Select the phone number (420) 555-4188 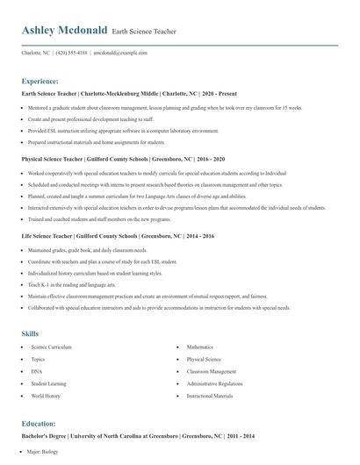pos(71,53)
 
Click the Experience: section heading pos(46,81)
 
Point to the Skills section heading pos(31,333)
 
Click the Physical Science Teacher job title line pos(124,161)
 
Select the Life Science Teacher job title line pos(118,236)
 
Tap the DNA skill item pos(37,371)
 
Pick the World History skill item pos(45,396)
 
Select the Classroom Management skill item pos(212,371)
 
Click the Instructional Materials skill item pos(210,396)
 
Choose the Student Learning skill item pos(47,383)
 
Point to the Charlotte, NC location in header pos(36,53)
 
